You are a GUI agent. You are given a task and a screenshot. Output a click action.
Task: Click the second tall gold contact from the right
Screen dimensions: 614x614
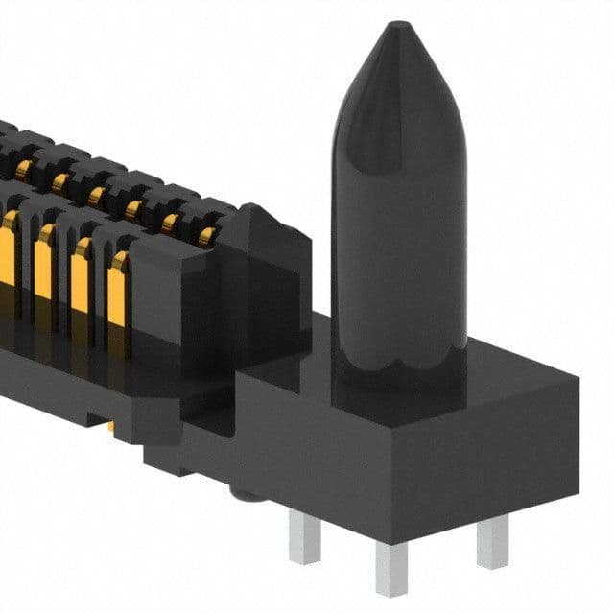(80, 273)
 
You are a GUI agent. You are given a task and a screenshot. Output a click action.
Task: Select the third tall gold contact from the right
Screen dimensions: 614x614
(43, 264)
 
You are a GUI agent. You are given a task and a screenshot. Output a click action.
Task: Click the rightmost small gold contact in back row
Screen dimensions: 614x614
(204, 235)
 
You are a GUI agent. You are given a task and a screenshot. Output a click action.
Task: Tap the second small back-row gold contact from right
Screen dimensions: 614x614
(171, 224)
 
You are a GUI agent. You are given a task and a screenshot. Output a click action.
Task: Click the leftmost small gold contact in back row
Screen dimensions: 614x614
(21, 171)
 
